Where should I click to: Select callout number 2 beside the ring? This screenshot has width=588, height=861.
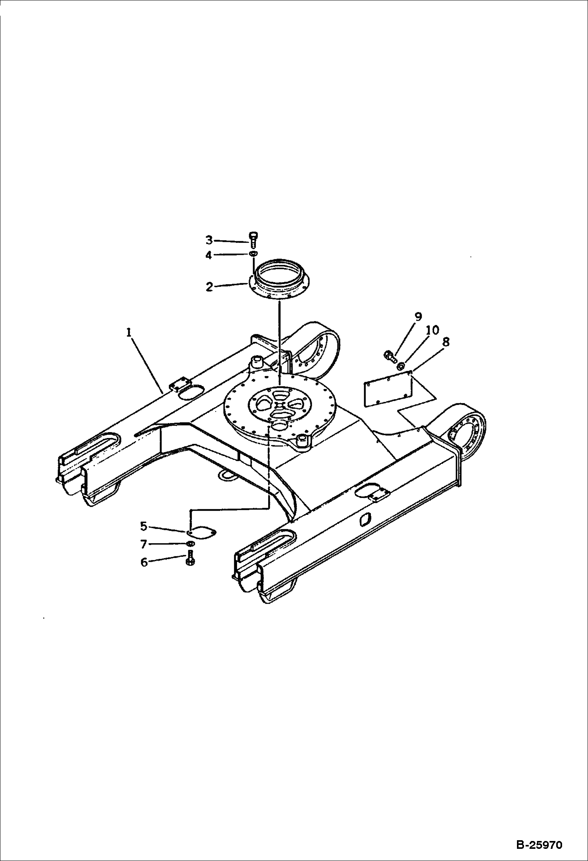pyautogui.click(x=209, y=287)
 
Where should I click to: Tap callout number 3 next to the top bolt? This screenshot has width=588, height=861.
pyautogui.click(x=209, y=240)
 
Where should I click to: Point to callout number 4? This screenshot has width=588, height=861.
pyautogui.click(x=209, y=255)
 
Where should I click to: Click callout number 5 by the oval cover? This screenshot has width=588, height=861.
pyautogui.click(x=144, y=526)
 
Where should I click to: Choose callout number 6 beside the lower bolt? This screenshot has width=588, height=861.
pyautogui.click(x=144, y=562)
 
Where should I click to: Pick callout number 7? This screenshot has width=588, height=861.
pyautogui.click(x=144, y=544)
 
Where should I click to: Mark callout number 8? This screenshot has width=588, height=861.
pyautogui.click(x=446, y=342)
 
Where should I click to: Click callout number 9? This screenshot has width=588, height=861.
pyautogui.click(x=418, y=316)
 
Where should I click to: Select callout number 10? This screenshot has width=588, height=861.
pyautogui.click(x=432, y=330)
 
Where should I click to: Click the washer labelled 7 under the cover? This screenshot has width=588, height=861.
pyautogui.click(x=190, y=544)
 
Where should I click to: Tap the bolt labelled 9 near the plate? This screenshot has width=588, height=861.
pyautogui.click(x=389, y=356)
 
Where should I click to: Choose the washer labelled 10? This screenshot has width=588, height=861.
pyautogui.click(x=401, y=367)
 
